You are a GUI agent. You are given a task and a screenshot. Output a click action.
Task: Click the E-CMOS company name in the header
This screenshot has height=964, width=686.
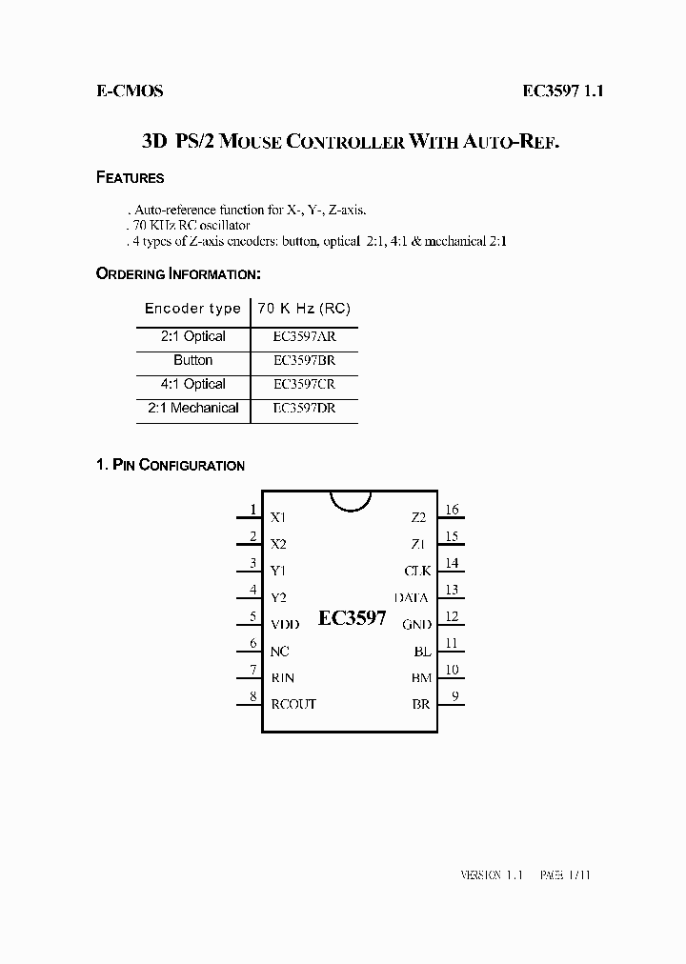coord(130,91)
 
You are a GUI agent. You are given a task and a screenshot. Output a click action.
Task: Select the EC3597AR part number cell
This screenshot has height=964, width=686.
coord(303,336)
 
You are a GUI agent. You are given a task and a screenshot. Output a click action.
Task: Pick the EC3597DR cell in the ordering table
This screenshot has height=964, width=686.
coord(303,408)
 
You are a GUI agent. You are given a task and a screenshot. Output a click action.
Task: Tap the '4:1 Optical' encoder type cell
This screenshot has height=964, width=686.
coord(193,384)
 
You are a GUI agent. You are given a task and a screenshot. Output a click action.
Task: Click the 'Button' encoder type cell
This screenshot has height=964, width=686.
coord(193,360)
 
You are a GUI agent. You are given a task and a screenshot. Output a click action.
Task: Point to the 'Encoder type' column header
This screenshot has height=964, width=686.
coord(192,309)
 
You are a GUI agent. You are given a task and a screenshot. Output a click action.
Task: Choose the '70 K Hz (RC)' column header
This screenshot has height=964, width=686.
coord(304,309)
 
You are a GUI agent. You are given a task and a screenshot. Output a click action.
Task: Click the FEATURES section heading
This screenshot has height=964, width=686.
coord(131,178)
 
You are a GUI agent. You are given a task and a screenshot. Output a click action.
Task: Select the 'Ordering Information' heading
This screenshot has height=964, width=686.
coord(179,274)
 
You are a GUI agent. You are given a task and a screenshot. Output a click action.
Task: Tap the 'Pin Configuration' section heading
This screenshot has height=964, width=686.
coord(171,466)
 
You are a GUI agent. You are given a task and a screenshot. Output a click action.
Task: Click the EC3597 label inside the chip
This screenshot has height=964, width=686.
coord(352,618)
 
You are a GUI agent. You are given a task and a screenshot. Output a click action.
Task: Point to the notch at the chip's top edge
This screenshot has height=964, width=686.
coord(350,500)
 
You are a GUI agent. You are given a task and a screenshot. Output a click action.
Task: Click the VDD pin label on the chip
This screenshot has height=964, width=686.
coord(285,625)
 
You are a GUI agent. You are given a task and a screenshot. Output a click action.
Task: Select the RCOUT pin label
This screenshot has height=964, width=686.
coord(293,704)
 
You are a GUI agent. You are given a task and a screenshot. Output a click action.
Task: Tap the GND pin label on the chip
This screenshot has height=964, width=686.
coord(416,625)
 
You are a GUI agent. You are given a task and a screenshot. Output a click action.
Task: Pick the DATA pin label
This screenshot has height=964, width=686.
coord(413,598)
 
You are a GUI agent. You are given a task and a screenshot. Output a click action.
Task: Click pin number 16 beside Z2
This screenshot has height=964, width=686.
coord(453,510)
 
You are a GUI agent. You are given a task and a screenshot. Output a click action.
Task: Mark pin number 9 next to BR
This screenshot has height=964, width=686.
coord(455,696)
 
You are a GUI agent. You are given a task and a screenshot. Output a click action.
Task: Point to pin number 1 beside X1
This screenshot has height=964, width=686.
coord(252,510)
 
